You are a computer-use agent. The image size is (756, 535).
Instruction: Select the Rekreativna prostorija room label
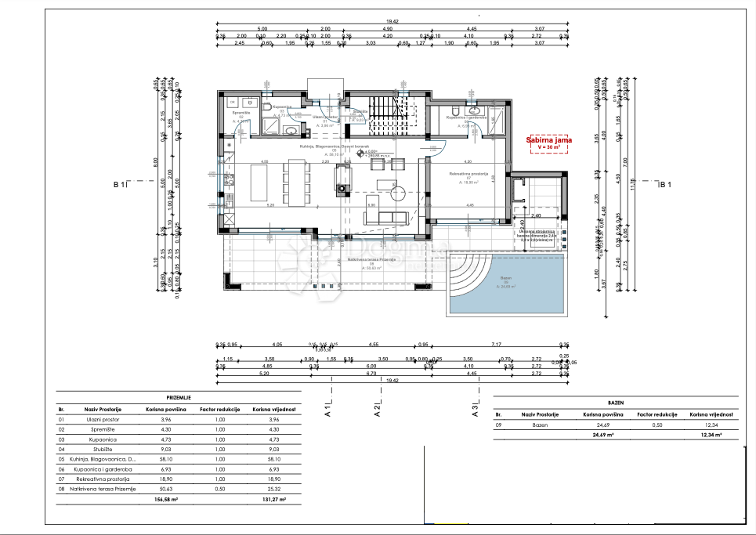[x=468, y=173]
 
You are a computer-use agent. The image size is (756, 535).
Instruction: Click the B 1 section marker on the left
[x=119, y=185]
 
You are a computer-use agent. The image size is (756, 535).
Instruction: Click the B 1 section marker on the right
[x=666, y=185]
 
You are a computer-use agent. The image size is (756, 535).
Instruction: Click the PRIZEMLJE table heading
[x=180, y=398]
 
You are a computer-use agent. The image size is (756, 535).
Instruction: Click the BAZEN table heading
[x=616, y=399]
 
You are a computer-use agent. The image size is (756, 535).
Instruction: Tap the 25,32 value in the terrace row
[x=267, y=489]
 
